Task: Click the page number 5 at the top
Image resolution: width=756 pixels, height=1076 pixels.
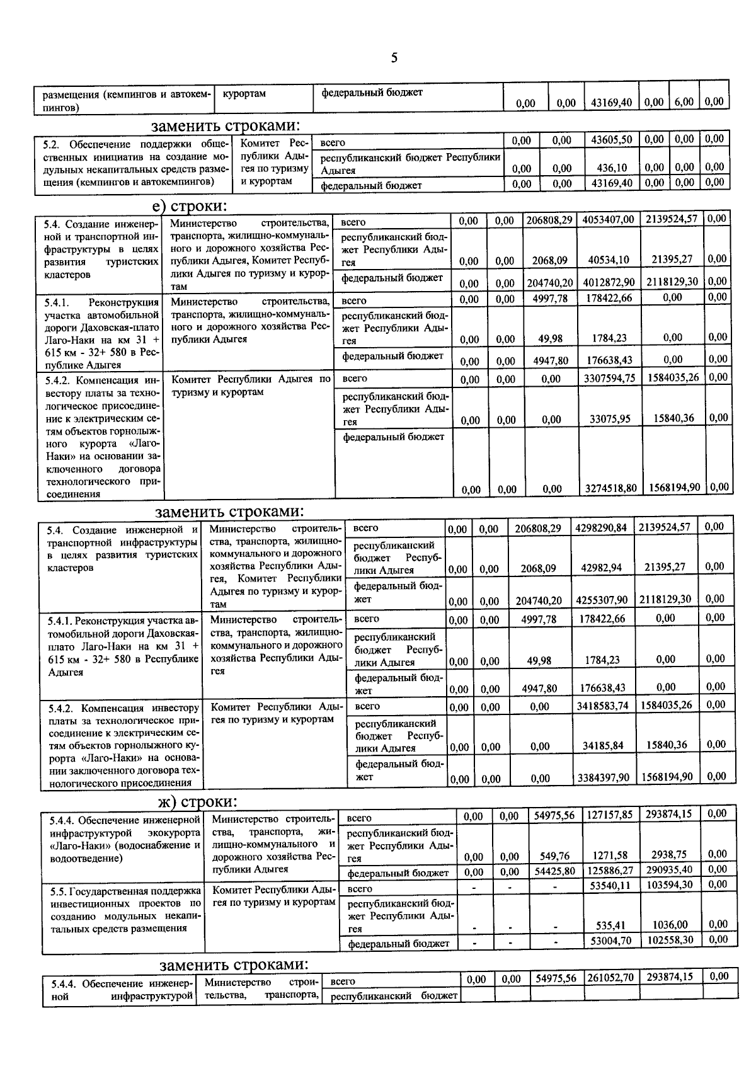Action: (x=394, y=59)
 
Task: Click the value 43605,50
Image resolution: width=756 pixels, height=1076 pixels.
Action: (x=611, y=140)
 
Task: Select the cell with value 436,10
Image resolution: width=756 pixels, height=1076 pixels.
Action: (x=611, y=168)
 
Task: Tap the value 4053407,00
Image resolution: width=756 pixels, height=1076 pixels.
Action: (x=608, y=220)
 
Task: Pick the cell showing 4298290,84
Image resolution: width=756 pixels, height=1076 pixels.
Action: (x=601, y=528)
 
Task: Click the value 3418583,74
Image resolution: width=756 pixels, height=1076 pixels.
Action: (x=602, y=706)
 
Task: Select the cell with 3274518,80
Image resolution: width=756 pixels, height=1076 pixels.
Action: (x=610, y=488)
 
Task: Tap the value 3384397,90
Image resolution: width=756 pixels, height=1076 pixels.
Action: (x=603, y=778)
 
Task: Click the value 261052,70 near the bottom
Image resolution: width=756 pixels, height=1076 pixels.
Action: (x=610, y=978)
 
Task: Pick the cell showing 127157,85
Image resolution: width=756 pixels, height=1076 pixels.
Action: (x=609, y=815)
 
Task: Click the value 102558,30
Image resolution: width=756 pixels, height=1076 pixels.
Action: (x=670, y=939)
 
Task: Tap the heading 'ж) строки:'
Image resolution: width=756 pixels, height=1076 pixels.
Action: (x=198, y=801)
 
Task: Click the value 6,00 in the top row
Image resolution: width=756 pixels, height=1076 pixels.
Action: (x=683, y=102)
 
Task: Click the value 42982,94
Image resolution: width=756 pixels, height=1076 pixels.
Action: (x=601, y=568)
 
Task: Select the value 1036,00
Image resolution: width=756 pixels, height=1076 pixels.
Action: (x=670, y=924)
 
